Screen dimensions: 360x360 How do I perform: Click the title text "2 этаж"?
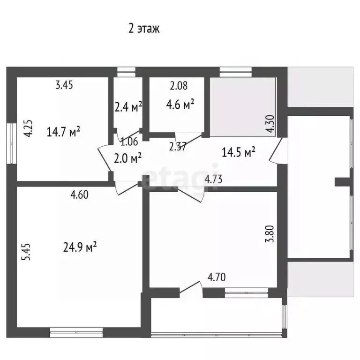pyautogui.click(x=144, y=29)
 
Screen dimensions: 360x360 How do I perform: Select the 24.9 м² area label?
pyautogui.click(x=80, y=246)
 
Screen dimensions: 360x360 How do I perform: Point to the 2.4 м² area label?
pyautogui.click(x=128, y=108)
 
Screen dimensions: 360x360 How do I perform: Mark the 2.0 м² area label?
pyautogui.click(x=128, y=158)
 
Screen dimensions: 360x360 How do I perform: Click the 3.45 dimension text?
pyautogui.click(x=65, y=85)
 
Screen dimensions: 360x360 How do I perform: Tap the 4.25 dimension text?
pyautogui.click(x=28, y=128)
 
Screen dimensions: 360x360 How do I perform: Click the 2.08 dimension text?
pyautogui.click(x=179, y=85)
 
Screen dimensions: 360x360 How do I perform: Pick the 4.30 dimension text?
pyautogui.click(x=269, y=125)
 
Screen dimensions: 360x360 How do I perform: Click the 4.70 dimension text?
pyautogui.click(x=217, y=277)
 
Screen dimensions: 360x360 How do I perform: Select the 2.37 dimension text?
pyautogui.click(x=179, y=146)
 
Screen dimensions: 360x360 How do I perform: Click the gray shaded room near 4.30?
pyautogui.click(x=242, y=105)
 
